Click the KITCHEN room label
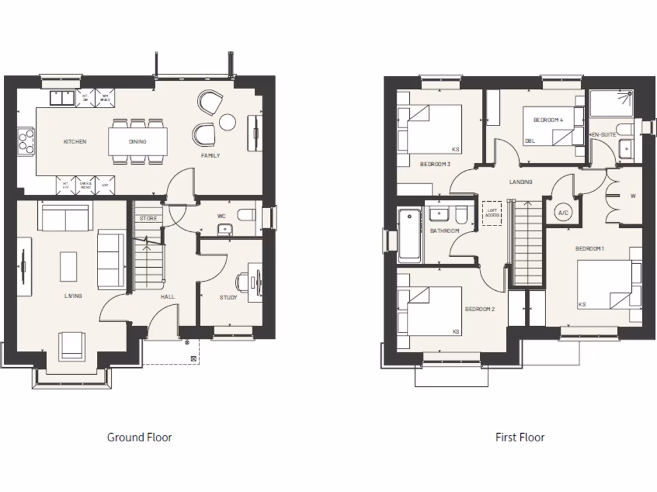pyautogui.click(x=74, y=142)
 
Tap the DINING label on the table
pyautogui.click(x=137, y=142)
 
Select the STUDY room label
pyautogui.click(x=228, y=297)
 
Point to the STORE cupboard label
pyautogui.click(x=148, y=218)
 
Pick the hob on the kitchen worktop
pyautogui.click(x=26, y=141)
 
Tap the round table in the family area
pyautogui.click(x=228, y=121)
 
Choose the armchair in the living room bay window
pyautogui.click(x=71, y=346)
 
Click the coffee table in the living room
pyautogui.click(x=69, y=266)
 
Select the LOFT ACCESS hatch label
pyautogui.click(x=491, y=212)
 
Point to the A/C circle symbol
pyautogui.click(x=563, y=213)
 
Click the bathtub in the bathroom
pyautogui.click(x=409, y=234)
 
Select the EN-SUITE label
pyautogui.click(x=603, y=135)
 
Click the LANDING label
pyautogui.click(x=521, y=182)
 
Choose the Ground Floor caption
pyautogui.click(x=139, y=438)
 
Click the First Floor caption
pyautogui.click(x=520, y=438)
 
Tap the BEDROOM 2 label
pyautogui.click(x=480, y=309)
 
